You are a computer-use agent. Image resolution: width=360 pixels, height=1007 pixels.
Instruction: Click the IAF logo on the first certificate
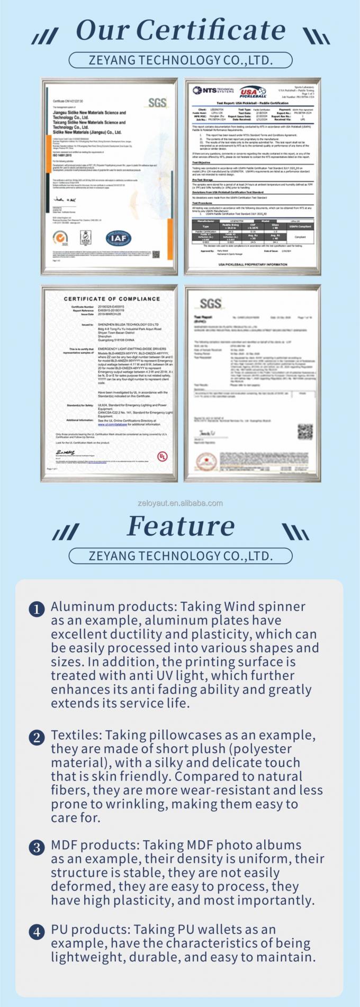click(x=119, y=239)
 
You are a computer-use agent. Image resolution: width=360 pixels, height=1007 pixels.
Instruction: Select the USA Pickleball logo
click(x=253, y=93)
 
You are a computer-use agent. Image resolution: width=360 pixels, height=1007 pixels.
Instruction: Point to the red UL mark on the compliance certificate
click(x=161, y=456)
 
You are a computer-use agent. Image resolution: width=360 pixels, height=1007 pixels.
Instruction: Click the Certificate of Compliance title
click(x=112, y=299)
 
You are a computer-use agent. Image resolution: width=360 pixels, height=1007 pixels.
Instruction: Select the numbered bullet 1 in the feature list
click(x=37, y=609)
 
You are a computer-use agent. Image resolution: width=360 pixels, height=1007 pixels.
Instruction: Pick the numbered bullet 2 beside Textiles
click(x=37, y=738)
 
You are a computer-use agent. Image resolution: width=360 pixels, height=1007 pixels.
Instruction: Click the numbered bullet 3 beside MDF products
click(x=37, y=848)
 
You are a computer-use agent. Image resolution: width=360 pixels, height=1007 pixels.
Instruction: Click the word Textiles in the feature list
click(x=76, y=735)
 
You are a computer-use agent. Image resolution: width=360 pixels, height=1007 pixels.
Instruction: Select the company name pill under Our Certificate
click(x=181, y=60)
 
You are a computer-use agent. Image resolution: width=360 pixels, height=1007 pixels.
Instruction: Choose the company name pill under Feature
click(x=181, y=556)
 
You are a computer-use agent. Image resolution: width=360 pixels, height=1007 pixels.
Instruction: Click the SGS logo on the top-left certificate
click(x=157, y=102)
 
